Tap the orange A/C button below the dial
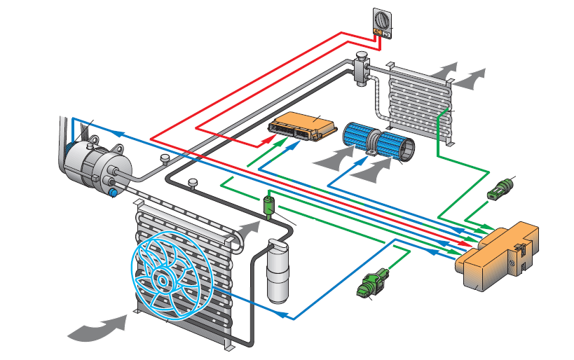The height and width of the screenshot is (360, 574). pos(378,32)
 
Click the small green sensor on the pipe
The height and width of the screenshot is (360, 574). pos(269,206)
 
